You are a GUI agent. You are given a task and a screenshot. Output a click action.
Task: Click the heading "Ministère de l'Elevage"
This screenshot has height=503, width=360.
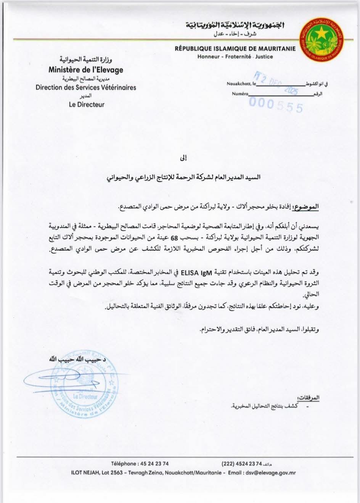[x=86, y=70]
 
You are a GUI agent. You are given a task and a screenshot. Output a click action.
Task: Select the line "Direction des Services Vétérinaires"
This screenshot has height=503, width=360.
[x=86, y=87]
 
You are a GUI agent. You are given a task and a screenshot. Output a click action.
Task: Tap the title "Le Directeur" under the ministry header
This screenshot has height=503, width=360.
[x=87, y=105]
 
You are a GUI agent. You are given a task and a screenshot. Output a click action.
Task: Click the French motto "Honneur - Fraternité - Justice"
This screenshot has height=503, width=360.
[x=235, y=57]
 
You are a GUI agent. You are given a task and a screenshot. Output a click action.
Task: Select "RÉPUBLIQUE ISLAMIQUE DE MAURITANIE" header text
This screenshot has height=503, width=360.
[x=235, y=49]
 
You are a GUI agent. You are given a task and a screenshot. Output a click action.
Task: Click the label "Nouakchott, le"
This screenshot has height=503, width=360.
[x=241, y=83]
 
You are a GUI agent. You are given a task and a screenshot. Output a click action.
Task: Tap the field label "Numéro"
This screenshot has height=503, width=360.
[x=240, y=94]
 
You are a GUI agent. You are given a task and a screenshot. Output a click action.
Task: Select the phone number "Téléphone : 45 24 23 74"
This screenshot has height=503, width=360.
[x=140, y=464]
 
